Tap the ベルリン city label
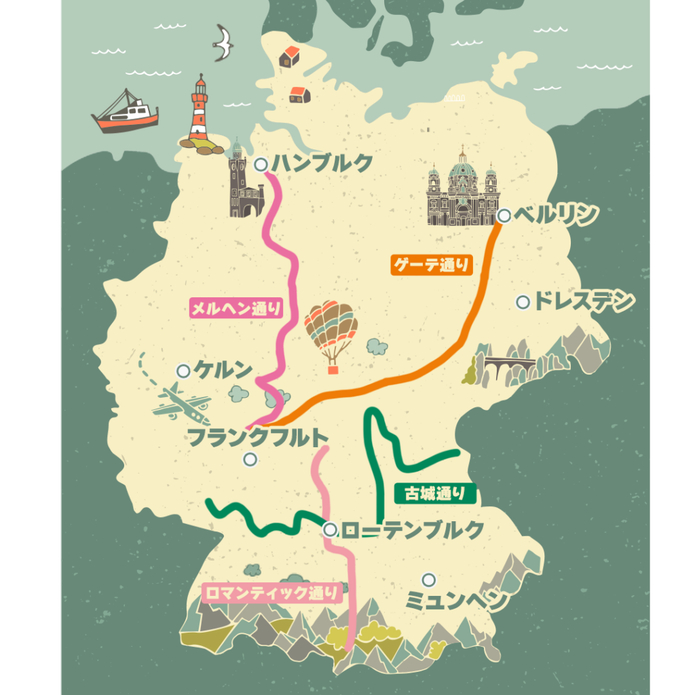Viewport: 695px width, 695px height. (555, 215)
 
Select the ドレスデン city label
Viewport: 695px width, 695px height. (584, 301)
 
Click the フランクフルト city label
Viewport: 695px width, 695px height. (258, 437)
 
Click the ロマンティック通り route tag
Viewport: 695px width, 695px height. (271, 593)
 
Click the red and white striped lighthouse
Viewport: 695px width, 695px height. (199, 112)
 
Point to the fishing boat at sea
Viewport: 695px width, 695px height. (126, 111)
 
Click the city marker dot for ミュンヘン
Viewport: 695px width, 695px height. (428, 580)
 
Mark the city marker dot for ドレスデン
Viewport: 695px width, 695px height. (523, 302)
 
